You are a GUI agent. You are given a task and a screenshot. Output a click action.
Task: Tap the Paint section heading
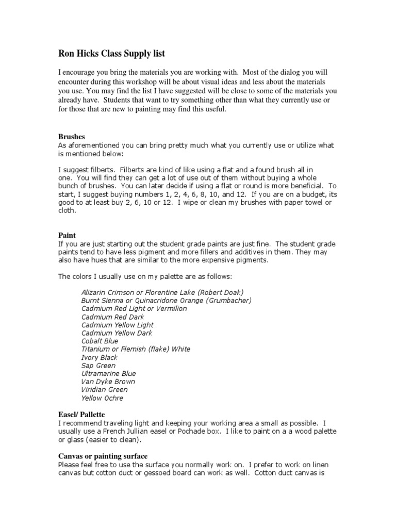coord(67,235)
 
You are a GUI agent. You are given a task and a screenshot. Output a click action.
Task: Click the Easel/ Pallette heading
coord(81,414)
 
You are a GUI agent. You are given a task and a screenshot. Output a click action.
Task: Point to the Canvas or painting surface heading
coord(103,456)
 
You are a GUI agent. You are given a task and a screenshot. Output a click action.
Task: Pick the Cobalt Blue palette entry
coord(100,341)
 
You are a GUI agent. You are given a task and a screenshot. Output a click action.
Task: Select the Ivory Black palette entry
coord(99,357)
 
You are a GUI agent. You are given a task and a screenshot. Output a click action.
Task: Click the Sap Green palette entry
coord(98,366)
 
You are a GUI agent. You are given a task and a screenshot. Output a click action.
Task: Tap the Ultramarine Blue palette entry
coord(108,373)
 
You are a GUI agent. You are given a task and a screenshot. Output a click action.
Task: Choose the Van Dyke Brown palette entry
coord(108,382)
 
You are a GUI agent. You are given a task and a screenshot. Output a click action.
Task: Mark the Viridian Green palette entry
coord(104,390)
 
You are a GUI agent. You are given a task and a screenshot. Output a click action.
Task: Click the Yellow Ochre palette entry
coord(102,398)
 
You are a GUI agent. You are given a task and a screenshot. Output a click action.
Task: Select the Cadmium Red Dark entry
coord(112,317)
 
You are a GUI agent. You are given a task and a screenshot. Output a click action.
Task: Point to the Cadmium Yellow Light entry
coord(117,325)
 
